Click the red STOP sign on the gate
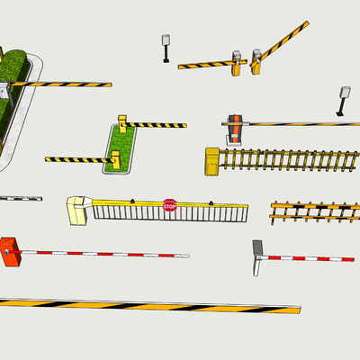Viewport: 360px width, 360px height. click(x=169, y=205)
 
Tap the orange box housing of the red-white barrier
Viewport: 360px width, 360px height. click(x=10, y=252)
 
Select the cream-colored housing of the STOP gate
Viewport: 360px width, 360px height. click(x=78, y=211)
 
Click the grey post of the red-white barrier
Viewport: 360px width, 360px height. click(x=257, y=258)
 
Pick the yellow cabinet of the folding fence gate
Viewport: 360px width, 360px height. click(x=212, y=161)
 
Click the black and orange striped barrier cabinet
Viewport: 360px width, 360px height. click(x=235, y=130)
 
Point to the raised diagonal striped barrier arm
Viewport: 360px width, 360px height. click(x=281, y=43)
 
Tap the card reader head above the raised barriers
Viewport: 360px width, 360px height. click(x=166, y=40)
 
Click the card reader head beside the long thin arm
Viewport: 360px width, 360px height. click(x=345, y=93)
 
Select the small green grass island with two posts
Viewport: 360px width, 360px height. click(x=120, y=149)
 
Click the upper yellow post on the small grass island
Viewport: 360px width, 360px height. click(x=122, y=123)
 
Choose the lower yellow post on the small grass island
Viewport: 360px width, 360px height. click(x=115, y=160)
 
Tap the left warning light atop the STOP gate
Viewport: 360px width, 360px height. click(x=132, y=201)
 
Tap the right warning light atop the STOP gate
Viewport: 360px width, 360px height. click(x=211, y=202)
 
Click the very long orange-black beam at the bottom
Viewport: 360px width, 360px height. click(x=150, y=306)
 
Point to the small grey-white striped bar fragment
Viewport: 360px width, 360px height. click(x=21, y=198)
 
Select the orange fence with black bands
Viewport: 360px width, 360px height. click(x=315, y=211)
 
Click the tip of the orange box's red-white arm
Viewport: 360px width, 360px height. click(x=188, y=256)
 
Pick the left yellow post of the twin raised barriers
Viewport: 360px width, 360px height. click(x=237, y=63)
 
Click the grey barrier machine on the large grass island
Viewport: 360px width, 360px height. click(x=5, y=91)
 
